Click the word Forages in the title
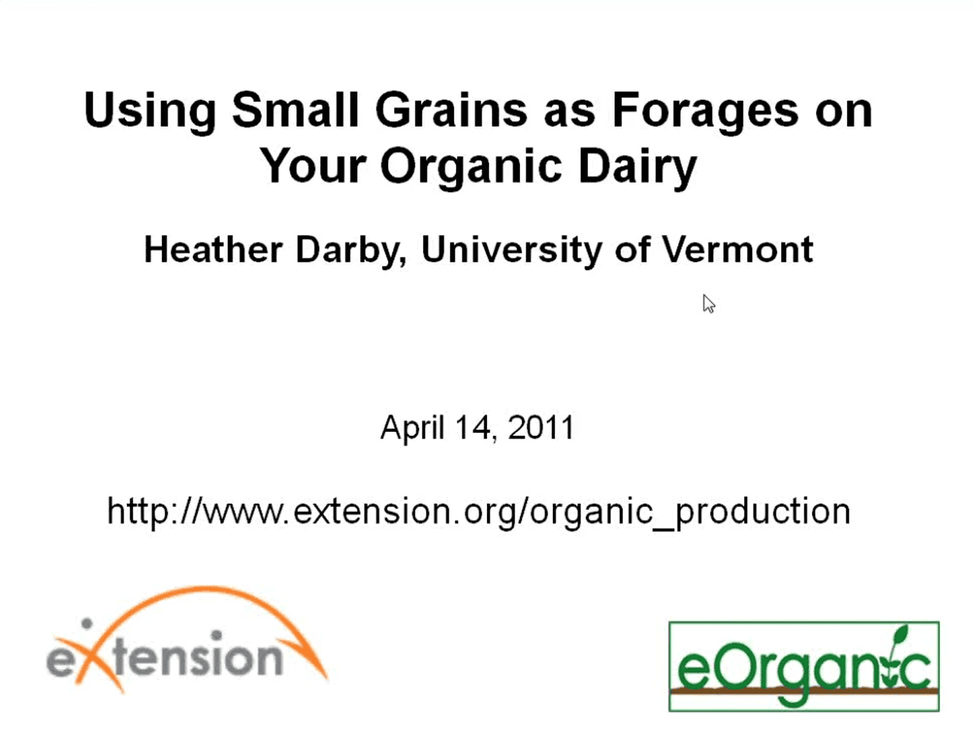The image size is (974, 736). click(x=705, y=112)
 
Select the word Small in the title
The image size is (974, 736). click(x=294, y=109)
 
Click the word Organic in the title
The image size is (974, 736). click(x=471, y=166)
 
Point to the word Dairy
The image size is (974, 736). click(x=638, y=166)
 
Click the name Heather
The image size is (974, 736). click(x=214, y=249)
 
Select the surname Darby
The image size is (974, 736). click(x=351, y=251)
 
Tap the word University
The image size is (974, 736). click(x=511, y=251)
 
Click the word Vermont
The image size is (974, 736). click(x=737, y=249)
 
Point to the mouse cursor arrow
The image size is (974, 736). click(x=708, y=304)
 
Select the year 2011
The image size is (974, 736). click(x=541, y=426)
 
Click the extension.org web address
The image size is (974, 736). click(x=479, y=511)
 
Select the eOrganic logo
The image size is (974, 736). click(x=804, y=666)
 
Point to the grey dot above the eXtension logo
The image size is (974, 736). click(x=87, y=624)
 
